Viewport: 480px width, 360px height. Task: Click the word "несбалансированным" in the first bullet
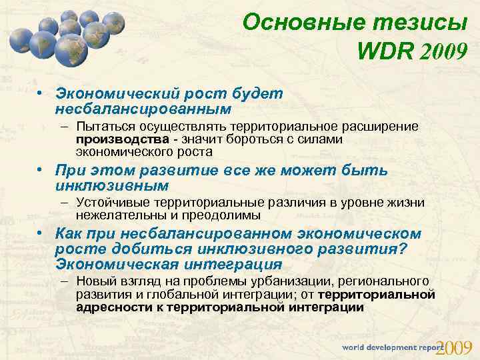click(143, 108)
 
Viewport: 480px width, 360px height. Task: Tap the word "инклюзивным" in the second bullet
click(112, 185)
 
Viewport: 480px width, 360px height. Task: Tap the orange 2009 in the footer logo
click(457, 347)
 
